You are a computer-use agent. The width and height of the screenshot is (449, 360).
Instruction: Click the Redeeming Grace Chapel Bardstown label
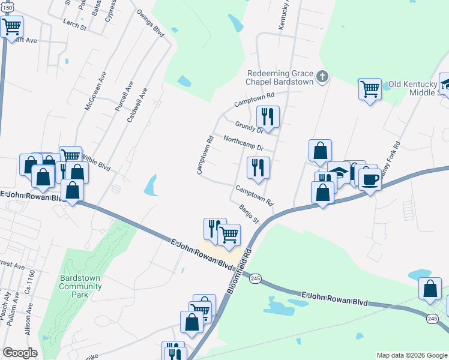pos(280,77)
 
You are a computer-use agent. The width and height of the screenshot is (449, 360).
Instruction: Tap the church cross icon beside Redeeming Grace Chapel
pos(322,76)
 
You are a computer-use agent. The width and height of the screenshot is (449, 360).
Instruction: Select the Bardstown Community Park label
pos(80,286)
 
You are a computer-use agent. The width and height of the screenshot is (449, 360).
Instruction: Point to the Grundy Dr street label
pos(249,127)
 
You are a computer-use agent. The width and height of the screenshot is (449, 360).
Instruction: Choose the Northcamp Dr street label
pos(243,143)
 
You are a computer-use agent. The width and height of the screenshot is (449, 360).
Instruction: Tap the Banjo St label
pos(248,213)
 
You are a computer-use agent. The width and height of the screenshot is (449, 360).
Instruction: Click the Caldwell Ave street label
pos(137,106)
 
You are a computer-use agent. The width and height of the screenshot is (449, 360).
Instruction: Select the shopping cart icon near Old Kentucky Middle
pos(370,89)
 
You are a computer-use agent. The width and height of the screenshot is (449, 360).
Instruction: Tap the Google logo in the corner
pos(19,353)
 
